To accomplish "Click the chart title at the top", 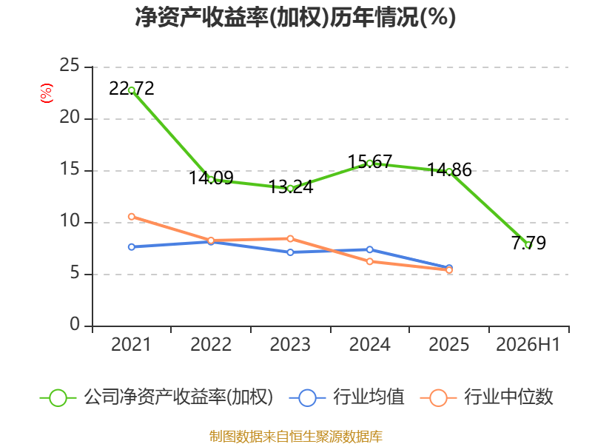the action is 295,17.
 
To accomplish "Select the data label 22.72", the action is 132,89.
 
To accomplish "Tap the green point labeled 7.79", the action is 528,245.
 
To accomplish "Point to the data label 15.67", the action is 369,161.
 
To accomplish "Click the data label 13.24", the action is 290,187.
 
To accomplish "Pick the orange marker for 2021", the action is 132,217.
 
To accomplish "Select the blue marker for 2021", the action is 132,247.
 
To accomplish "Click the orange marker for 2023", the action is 290,238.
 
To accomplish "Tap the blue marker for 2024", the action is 369,249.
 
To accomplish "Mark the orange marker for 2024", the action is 369,261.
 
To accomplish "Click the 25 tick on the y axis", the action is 70,65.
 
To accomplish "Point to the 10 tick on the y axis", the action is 70,221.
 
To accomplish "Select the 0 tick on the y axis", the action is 75,324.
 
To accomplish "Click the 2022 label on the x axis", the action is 211,345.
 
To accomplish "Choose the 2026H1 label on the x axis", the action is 528,345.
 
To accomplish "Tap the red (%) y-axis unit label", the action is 47,93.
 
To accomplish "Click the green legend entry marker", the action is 58,398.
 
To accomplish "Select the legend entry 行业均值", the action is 368,397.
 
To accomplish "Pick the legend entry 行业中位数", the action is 508,397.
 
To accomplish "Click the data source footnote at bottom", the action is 296,437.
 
